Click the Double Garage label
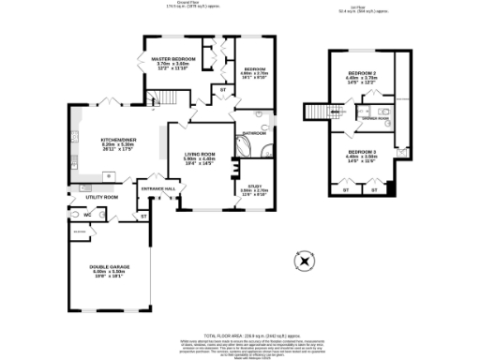(x=111, y=267)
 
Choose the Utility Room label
(x=100, y=198)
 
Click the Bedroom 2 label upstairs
(x=362, y=73)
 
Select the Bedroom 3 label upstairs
(x=362, y=151)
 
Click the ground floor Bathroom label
(x=255, y=135)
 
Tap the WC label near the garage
(x=86, y=215)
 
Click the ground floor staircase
(x=154, y=97)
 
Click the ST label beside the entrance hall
(x=144, y=217)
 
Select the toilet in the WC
(x=74, y=214)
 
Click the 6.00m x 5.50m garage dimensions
(x=111, y=272)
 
